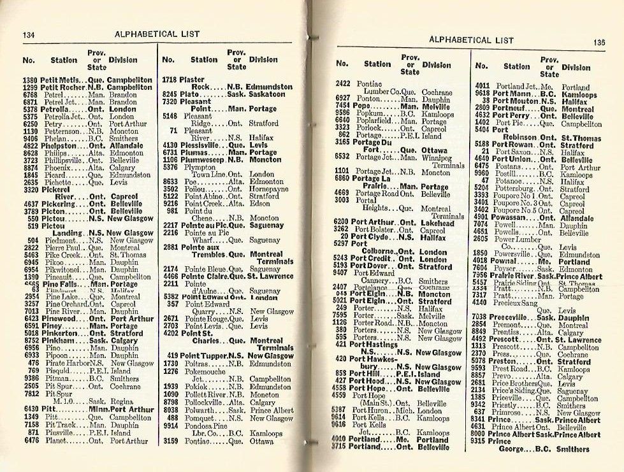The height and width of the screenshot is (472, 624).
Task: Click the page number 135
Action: [x=598, y=42]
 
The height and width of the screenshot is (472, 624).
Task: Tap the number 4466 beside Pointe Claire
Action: [x=170, y=276]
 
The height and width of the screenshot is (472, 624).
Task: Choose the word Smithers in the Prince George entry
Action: [x=572, y=449]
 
